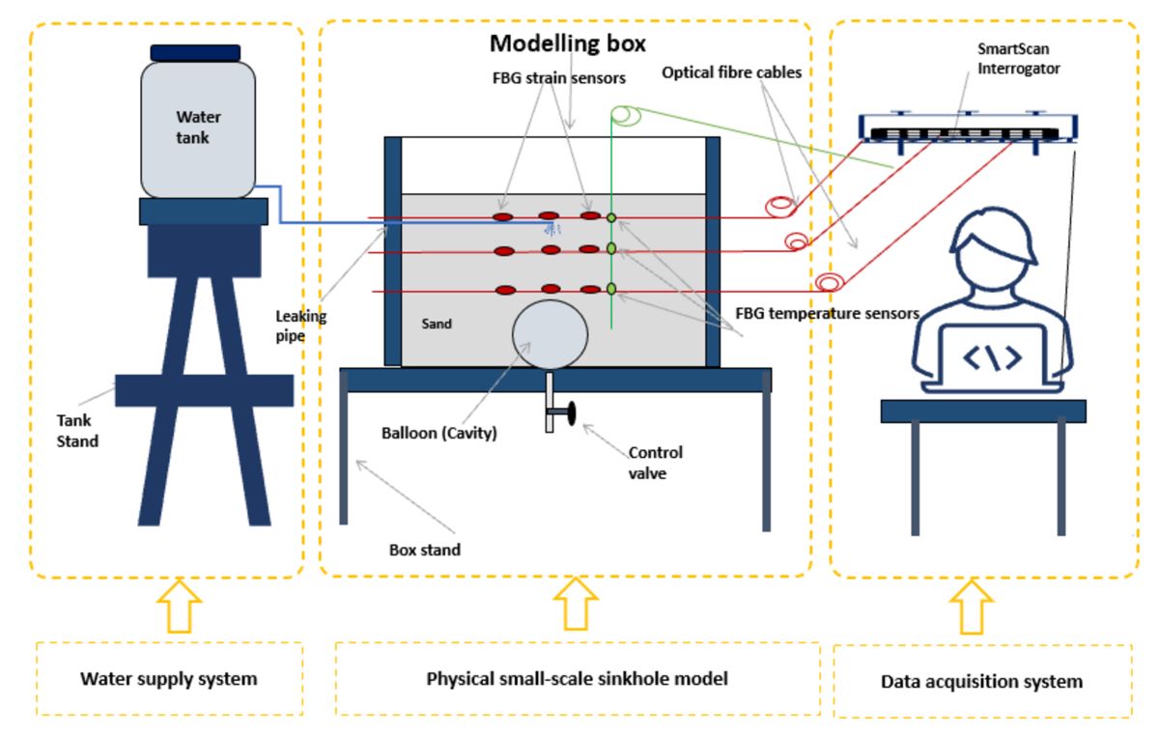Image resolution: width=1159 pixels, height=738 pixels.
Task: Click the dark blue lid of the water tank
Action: pyautogui.click(x=195, y=52)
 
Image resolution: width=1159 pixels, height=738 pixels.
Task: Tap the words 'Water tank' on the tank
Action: pyautogui.click(x=197, y=127)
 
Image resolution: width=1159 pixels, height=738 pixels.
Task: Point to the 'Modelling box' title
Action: pyautogui.click(x=567, y=43)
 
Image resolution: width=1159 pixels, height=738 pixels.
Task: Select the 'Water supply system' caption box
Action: pyautogui.click(x=169, y=678)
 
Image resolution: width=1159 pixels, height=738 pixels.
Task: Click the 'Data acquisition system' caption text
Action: pyautogui.click(x=981, y=681)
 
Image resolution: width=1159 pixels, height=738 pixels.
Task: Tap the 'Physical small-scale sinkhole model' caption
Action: pyautogui.click(x=577, y=678)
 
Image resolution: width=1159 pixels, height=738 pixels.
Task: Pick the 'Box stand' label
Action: pyautogui.click(x=424, y=550)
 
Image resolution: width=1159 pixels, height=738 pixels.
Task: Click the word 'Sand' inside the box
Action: pyautogui.click(x=438, y=325)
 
